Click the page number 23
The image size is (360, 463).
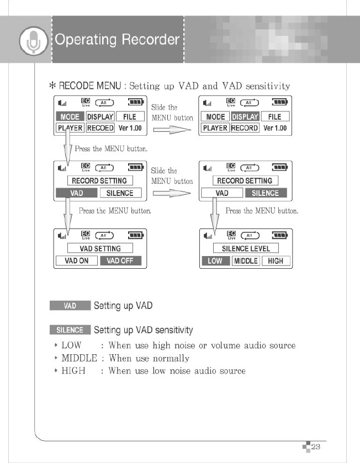[x=316, y=446]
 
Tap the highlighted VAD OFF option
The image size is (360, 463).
[x=120, y=261]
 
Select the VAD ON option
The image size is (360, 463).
[x=77, y=261]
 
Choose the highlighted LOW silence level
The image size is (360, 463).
[x=215, y=261]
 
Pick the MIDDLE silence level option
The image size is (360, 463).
[x=246, y=261]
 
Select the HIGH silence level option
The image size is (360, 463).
[x=276, y=261]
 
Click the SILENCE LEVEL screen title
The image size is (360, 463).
[x=246, y=249]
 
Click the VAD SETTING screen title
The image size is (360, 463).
[x=100, y=249]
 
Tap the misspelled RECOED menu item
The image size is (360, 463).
[x=100, y=128]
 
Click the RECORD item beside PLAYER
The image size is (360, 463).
[x=245, y=128]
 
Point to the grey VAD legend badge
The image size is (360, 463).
[x=70, y=306]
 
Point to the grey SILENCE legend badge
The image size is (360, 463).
[x=70, y=330]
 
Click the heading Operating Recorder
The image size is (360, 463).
[x=117, y=40]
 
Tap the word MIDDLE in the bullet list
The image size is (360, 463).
[x=79, y=358]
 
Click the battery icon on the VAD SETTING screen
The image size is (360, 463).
[x=135, y=235]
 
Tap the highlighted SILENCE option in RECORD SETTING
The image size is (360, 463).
[x=266, y=193]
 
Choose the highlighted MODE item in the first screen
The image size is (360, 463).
[x=70, y=116]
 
